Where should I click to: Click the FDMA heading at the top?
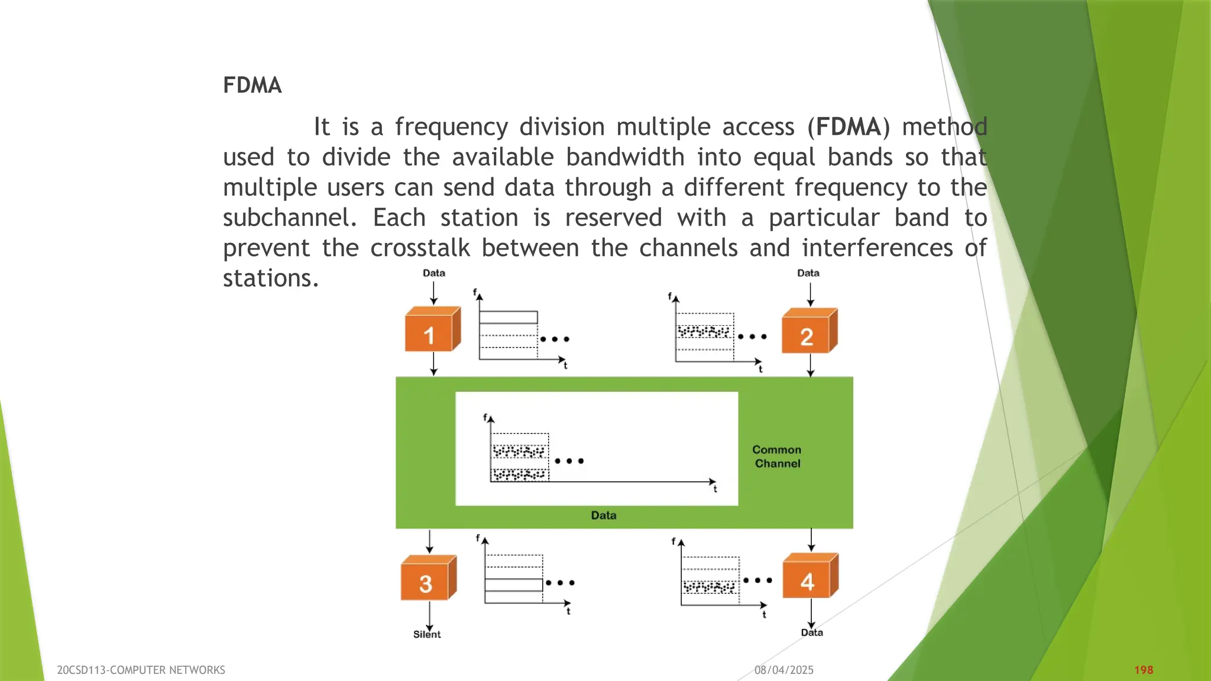[x=252, y=85]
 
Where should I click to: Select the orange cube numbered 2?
[x=808, y=332]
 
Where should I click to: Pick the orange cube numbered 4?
[x=809, y=578]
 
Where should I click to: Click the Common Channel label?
[x=777, y=456]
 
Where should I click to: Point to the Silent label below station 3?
[x=426, y=634]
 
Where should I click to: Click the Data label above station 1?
[x=433, y=273]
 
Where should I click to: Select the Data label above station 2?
[x=808, y=273]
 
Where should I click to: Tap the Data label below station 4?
[x=812, y=633]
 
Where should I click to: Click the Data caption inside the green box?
[x=603, y=515]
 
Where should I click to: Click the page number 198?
[x=1143, y=670]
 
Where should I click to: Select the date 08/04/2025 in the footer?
[x=783, y=670]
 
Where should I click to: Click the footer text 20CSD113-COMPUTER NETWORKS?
[x=141, y=670]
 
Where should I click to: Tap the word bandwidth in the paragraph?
[x=624, y=157]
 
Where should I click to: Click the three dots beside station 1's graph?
[x=554, y=339]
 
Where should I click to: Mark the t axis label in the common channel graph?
[x=715, y=489]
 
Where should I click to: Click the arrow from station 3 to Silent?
[x=429, y=616]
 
